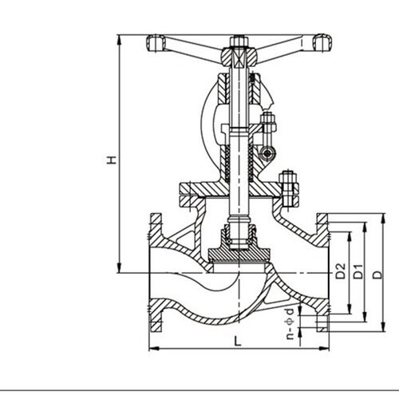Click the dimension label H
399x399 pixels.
(x=112, y=160)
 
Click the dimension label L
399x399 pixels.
(x=238, y=341)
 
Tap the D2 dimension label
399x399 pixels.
(x=341, y=271)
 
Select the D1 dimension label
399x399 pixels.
(x=358, y=271)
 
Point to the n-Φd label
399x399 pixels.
(x=290, y=323)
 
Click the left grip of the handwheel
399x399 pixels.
(x=156, y=43)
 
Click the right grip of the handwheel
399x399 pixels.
(x=322, y=42)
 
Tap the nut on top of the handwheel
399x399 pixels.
(x=239, y=41)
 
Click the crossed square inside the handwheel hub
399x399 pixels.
(x=239, y=58)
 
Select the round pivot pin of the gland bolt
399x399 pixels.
(x=267, y=154)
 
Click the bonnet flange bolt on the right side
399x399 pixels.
(x=289, y=189)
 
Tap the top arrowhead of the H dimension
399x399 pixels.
(x=120, y=39)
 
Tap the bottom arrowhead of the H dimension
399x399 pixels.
(x=120, y=268)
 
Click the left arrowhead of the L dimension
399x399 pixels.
(x=154, y=348)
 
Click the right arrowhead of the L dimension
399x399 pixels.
(x=324, y=348)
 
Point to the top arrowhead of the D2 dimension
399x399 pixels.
(x=350, y=236)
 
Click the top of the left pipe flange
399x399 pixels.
(x=156, y=214)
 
